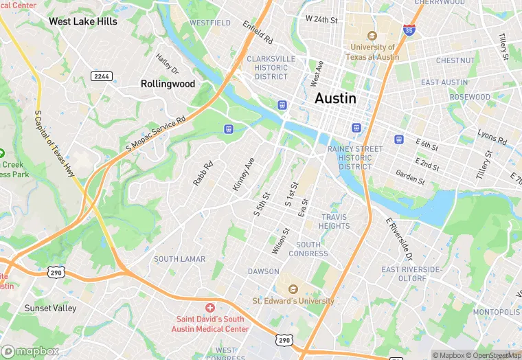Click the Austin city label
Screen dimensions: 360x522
click(335, 98)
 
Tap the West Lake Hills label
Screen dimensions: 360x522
click(82, 21)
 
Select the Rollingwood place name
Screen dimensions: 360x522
click(168, 83)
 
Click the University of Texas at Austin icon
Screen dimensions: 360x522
click(373, 36)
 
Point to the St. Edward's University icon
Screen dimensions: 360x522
click(293, 289)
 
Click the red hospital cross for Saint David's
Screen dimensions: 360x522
click(210, 306)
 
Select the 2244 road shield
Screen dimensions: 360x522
click(102, 75)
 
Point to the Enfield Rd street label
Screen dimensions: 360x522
click(258, 32)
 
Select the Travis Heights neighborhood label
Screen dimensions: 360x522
click(335, 221)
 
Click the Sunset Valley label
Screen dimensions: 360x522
click(50, 308)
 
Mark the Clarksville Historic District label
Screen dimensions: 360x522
click(271, 67)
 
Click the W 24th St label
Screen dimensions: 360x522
click(321, 19)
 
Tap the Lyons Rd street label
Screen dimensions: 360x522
click(492, 138)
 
